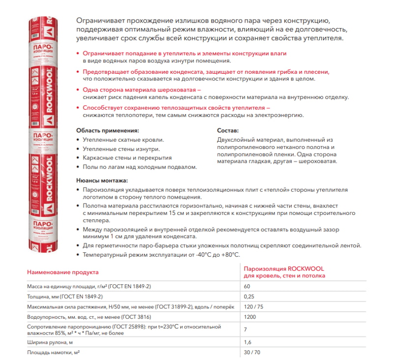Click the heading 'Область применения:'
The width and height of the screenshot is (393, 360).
[x=108, y=131]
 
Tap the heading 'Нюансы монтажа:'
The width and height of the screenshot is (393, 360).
[x=102, y=180]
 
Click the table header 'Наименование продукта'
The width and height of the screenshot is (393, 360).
[x=62, y=272]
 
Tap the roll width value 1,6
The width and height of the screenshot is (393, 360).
[x=248, y=342]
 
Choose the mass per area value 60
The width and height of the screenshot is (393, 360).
[x=248, y=286]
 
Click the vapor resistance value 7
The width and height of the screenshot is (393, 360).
[x=246, y=329]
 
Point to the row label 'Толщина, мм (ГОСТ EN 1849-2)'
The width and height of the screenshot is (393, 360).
[x=64, y=297]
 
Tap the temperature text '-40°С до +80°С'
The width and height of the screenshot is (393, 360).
[x=216, y=254]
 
